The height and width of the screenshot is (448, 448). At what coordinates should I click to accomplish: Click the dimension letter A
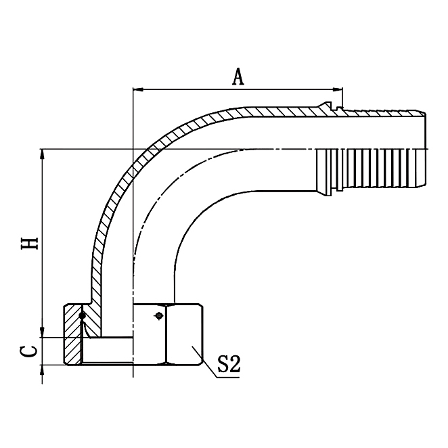[238, 77]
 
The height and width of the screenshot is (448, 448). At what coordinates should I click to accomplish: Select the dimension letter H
[29, 242]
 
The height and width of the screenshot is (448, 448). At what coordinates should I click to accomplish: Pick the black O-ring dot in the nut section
[82, 315]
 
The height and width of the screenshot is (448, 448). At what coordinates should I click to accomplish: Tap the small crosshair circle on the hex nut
[158, 315]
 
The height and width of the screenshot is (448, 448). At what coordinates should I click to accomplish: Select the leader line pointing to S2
[206, 361]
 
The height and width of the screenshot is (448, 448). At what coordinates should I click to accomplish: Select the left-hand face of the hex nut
[149, 335]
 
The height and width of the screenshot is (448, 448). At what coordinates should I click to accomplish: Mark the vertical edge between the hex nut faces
[166, 335]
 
